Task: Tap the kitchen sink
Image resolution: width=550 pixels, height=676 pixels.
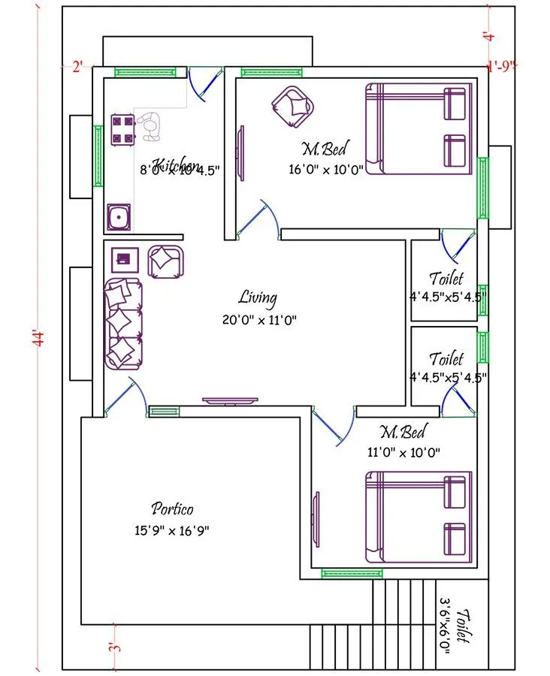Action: pyautogui.click(x=119, y=217)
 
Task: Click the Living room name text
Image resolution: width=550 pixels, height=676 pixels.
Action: pyautogui.click(x=258, y=297)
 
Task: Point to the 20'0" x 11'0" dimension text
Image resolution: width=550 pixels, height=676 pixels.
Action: pyautogui.click(x=259, y=320)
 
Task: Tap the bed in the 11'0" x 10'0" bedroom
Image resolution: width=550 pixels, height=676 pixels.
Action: pyautogui.click(x=419, y=517)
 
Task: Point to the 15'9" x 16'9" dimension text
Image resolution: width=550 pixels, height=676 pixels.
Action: pyautogui.click(x=171, y=530)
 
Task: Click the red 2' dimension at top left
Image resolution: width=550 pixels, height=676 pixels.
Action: pyautogui.click(x=77, y=67)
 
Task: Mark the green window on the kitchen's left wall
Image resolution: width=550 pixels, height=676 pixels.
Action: pyautogui.click(x=98, y=155)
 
